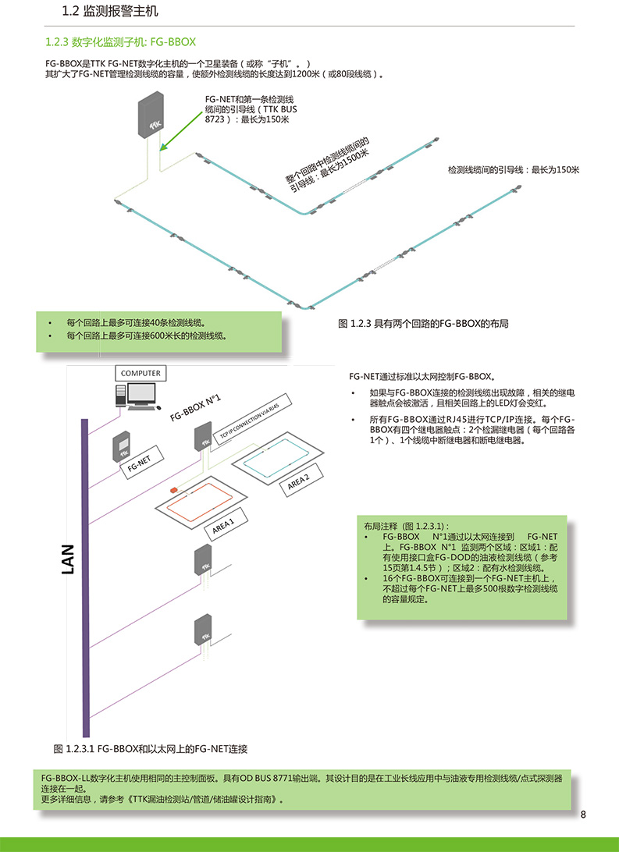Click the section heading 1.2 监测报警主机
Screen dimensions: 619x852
tap(110, 11)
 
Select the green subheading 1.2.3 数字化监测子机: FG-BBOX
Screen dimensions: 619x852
tap(120, 42)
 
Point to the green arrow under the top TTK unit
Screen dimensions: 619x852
tap(182, 130)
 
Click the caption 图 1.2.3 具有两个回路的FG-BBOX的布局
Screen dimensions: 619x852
tap(423, 324)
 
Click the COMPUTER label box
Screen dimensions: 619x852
tap(141, 373)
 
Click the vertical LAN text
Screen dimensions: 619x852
tap(68, 559)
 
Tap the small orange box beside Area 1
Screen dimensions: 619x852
tap(174, 490)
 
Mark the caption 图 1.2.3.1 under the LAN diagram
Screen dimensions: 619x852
tap(151, 749)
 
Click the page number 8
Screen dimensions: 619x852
tap(583, 815)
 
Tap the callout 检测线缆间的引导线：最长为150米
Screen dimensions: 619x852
tap(514, 170)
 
